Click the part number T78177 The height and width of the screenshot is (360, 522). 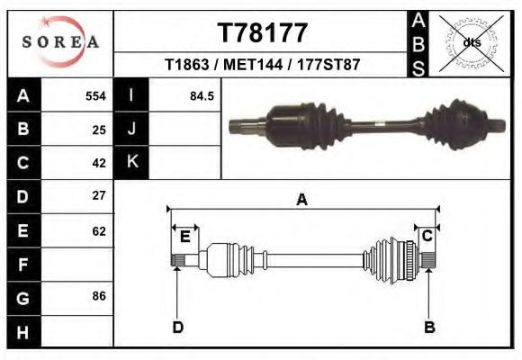pyautogui.click(x=263, y=33)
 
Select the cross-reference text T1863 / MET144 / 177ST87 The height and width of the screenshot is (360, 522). pyautogui.click(x=263, y=65)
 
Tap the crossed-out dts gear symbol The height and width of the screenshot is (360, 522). pyautogui.click(x=471, y=42)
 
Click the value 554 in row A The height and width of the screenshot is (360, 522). pyautogui.click(x=95, y=95)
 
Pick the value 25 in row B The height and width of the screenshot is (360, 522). pyautogui.click(x=99, y=129)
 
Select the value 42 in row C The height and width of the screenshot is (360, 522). pyautogui.click(x=99, y=163)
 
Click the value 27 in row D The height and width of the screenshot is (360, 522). pyautogui.click(x=99, y=195)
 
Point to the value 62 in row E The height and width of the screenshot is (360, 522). pyautogui.click(x=99, y=231)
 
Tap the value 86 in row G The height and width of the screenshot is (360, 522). pyautogui.click(x=99, y=295)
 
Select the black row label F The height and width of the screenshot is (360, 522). pyautogui.click(x=23, y=265)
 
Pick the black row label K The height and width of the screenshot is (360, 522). pyautogui.click(x=131, y=162)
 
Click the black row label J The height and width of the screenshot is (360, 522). pyautogui.click(x=131, y=129)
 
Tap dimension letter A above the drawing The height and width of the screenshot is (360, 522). pyautogui.click(x=302, y=200)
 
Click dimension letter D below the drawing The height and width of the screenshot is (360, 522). pyautogui.click(x=177, y=327)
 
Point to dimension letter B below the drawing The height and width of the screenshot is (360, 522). pyautogui.click(x=429, y=327)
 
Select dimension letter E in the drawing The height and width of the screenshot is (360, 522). pyautogui.click(x=185, y=237)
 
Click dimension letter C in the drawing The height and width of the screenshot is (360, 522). pyautogui.click(x=427, y=236)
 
